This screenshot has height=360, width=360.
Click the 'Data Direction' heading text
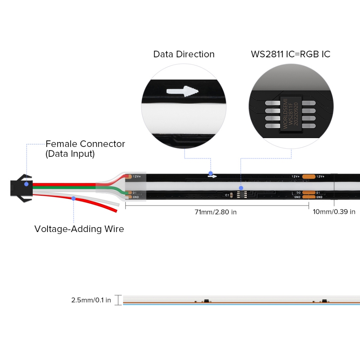[184, 54]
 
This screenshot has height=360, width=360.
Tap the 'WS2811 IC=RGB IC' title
[290, 54]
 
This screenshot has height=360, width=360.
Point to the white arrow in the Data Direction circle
[182, 91]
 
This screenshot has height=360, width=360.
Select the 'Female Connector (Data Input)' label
[85, 149]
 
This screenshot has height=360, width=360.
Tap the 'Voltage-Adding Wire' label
[79, 229]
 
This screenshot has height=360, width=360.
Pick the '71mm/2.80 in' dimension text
[216, 212]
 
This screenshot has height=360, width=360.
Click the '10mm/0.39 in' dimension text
[334, 212]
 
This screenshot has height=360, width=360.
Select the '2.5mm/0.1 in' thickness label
[91, 300]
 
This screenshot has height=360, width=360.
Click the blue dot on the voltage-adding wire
[73, 198]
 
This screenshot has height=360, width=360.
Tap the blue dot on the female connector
[26, 184]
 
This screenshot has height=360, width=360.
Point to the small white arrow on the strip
[212, 176]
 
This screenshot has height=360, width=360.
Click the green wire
[70, 187]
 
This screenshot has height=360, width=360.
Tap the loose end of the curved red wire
[114, 210]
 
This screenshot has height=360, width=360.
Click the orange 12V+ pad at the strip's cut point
[309, 176]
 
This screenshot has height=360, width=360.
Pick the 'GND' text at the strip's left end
[136, 197]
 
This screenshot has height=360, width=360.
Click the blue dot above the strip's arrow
[210, 173]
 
